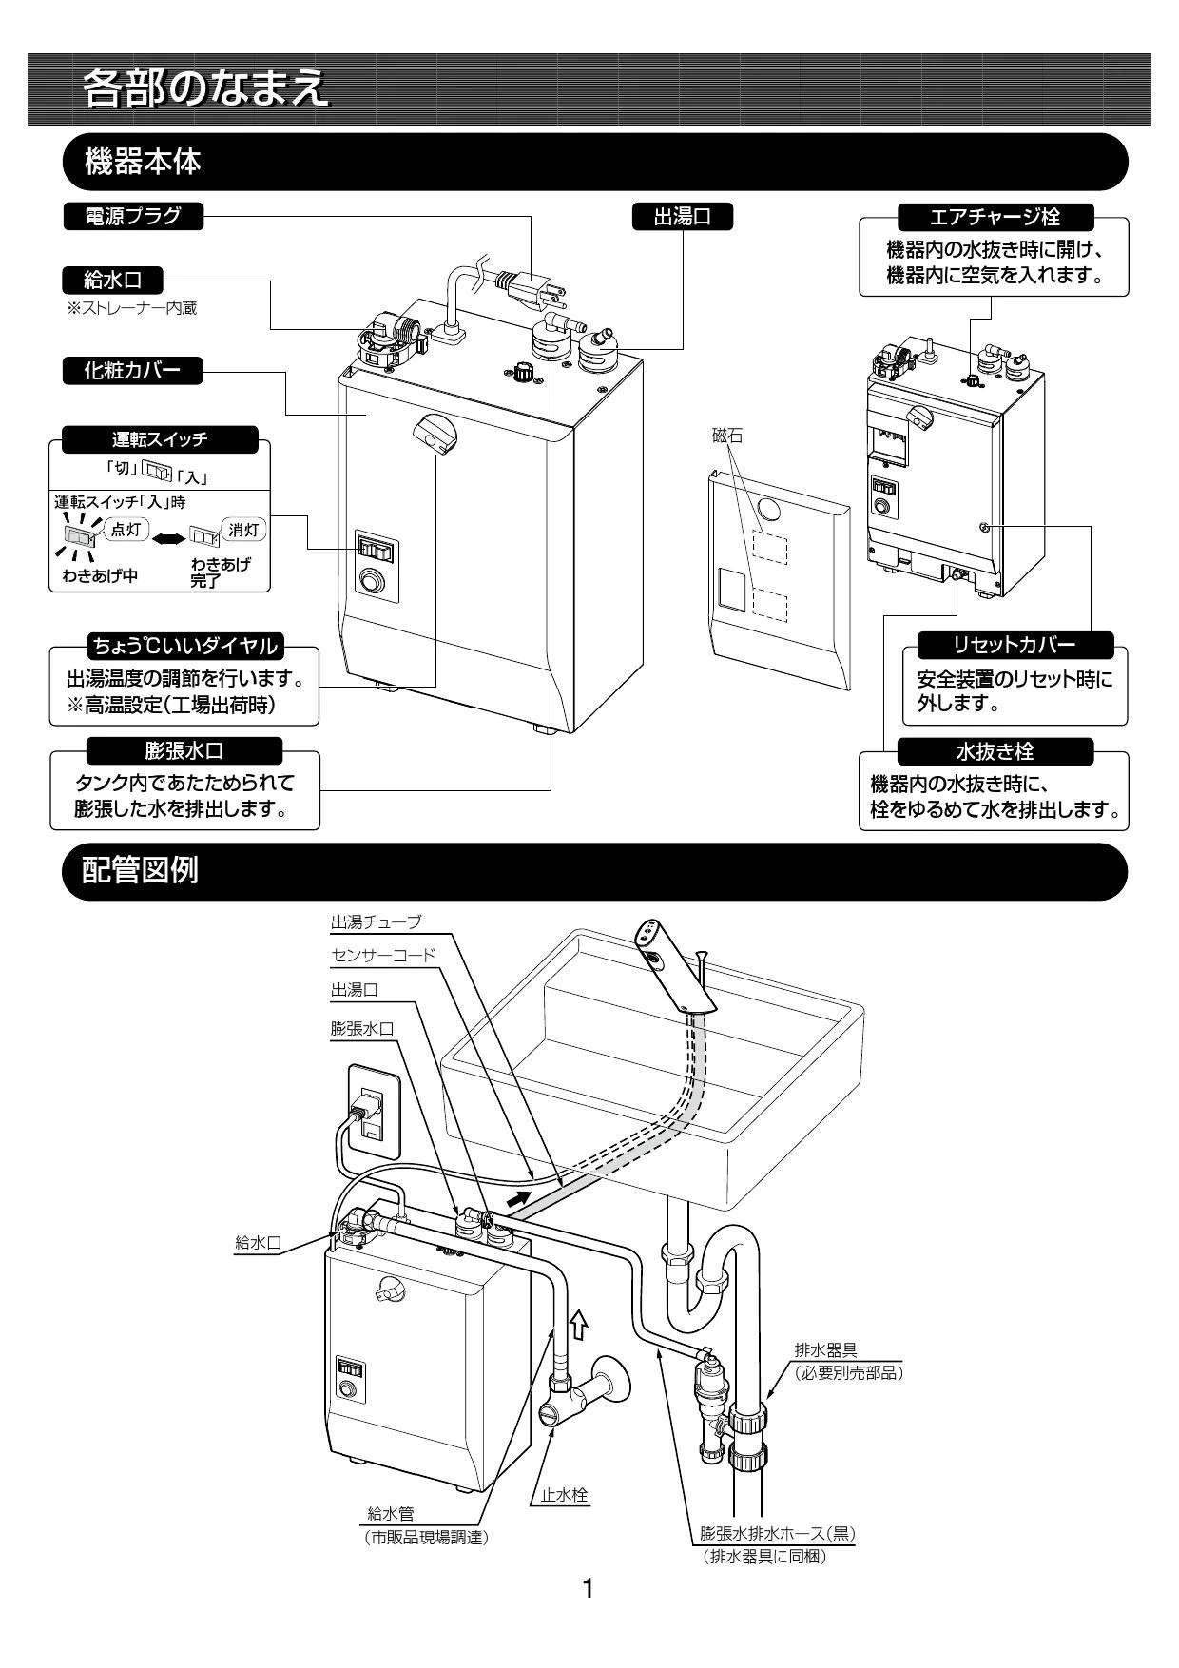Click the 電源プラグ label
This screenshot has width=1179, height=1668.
[x=133, y=216]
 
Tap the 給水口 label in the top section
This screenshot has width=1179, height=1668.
[x=111, y=281]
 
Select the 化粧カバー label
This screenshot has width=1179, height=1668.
[x=133, y=371]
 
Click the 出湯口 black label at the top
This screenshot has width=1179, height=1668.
[x=683, y=216]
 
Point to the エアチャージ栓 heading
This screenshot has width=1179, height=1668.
[x=995, y=216]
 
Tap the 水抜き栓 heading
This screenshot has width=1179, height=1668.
[x=995, y=751]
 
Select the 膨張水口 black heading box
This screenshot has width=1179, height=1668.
[x=184, y=751]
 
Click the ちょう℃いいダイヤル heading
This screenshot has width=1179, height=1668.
[x=184, y=647]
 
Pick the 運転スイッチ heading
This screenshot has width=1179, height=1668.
[x=159, y=439]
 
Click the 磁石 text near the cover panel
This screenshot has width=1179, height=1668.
[x=727, y=436]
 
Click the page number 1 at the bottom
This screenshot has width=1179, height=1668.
[x=589, y=1587]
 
